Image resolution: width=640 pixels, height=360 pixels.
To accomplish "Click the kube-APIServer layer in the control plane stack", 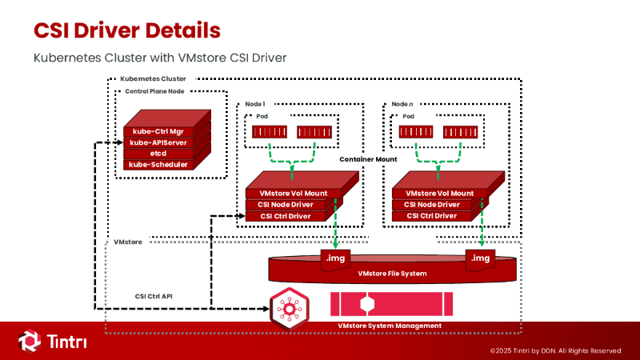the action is [x=158, y=142].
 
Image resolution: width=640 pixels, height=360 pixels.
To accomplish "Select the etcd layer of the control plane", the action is [x=158, y=154].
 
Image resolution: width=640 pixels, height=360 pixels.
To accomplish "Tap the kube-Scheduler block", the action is [x=158, y=165].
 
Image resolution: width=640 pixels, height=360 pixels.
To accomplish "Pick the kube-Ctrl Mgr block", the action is [x=158, y=131].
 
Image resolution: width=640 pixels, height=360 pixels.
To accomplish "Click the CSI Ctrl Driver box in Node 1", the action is [x=286, y=216].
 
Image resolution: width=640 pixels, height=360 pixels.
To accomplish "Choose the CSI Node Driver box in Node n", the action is [x=432, y=205].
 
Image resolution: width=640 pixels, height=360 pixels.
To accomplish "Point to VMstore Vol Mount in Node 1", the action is [x=294, y=193].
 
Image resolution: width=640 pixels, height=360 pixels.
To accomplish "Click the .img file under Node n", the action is [x=481, y=260].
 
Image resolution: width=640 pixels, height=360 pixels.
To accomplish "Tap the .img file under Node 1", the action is [x=335, y=260].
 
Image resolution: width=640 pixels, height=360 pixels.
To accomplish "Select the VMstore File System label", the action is [x=392, y=274].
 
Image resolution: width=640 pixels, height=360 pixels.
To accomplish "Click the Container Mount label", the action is [x=368, y=159].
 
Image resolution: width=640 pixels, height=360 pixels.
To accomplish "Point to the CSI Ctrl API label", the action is [x=154, y=296].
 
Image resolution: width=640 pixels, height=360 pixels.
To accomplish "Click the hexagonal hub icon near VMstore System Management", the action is [x=290, y=309].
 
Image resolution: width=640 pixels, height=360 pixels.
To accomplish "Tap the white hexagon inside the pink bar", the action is [x=367, y=304].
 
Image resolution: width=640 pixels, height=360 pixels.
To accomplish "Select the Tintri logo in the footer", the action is [x=52, y=341].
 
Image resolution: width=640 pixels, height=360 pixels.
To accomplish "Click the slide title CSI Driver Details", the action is [x=127, y=30].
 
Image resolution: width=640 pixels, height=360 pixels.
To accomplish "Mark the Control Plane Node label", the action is [x=154, y=91].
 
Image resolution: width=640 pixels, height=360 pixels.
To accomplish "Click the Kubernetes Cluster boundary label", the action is [x=153, y=78].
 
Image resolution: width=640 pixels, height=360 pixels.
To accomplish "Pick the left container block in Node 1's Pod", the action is [x=270, y=132].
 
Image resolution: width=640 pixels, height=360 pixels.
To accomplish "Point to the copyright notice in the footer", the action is [x=555, y=350].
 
